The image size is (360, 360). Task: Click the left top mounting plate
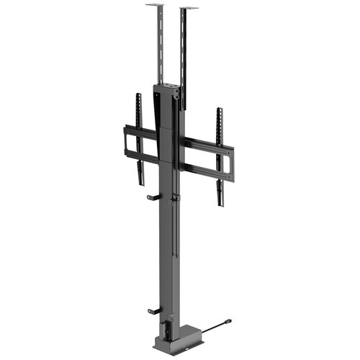[155, 6]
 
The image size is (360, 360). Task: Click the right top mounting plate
[189, 9]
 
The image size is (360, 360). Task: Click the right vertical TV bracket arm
[220, 155]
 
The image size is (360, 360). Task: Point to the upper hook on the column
[153, 197]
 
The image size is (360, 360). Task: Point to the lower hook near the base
[153, 310]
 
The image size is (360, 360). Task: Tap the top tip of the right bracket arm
[219, 110]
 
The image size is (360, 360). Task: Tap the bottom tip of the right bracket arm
[220, 204]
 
